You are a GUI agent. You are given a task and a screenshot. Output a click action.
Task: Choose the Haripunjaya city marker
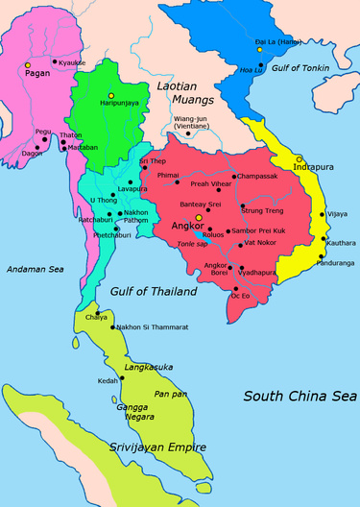111,94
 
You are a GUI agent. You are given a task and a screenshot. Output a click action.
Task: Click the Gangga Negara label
142,411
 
